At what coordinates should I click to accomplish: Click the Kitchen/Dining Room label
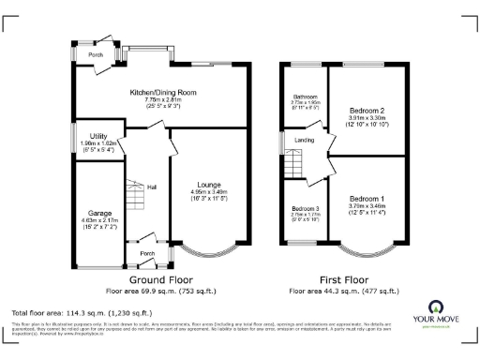(x=162, y=92)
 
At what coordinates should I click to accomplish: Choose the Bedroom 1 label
(x=367, y=199)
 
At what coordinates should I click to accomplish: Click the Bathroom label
(x=305, y=97)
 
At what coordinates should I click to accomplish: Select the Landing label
(x=305, y=141)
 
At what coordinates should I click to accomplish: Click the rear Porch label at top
(x=96, y=55)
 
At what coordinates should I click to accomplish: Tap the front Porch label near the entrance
(x=147, y=253)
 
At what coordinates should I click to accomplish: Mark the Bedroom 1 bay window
(x=367, y=251)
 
